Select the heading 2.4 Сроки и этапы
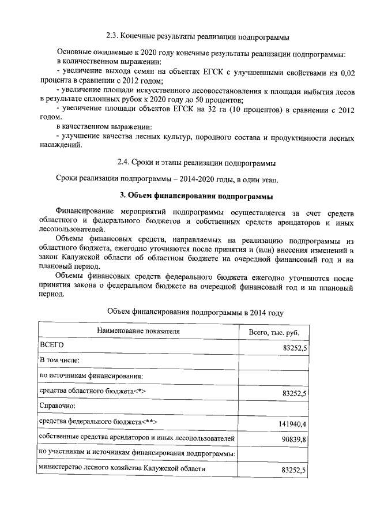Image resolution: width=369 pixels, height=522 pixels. click(196, 162)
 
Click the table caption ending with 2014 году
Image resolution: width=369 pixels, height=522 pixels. click(196, 312)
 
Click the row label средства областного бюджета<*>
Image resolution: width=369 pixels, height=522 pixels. click(92, 392)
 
